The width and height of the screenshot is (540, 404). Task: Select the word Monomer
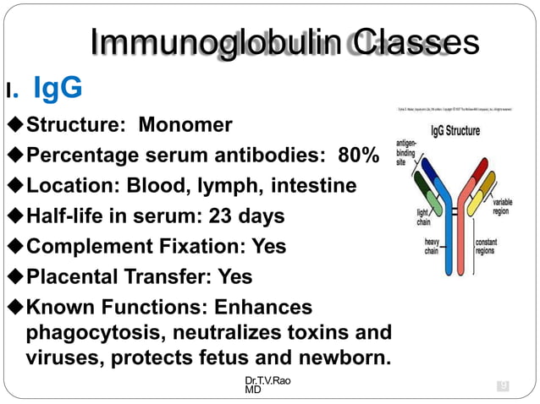[185, 126]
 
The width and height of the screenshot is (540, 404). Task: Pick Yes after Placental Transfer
[235, 277]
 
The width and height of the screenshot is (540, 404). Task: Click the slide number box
[503, 386]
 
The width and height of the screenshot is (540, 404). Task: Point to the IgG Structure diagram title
[455, 131]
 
